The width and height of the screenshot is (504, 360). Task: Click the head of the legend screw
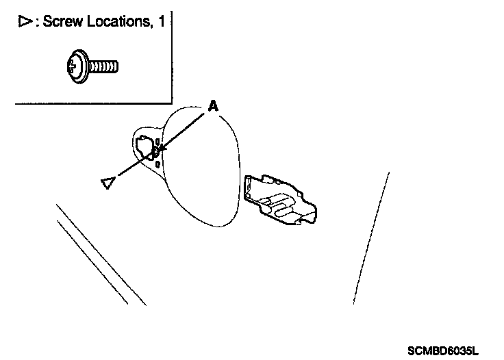click(x=76, y=69)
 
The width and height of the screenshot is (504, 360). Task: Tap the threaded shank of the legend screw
click(x=103, y=68)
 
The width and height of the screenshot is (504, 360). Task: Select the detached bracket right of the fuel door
click(x=281, y=198)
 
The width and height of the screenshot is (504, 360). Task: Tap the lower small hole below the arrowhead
click(x=158, y=164)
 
